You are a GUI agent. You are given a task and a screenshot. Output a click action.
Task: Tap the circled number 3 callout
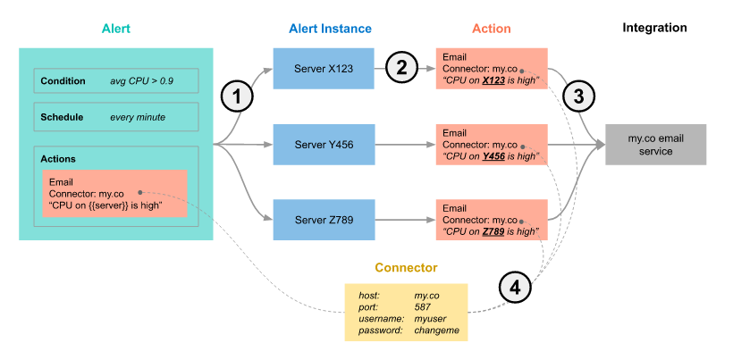578,95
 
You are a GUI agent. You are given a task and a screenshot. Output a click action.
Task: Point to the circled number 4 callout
514,288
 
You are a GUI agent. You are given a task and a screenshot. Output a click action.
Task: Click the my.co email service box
655,144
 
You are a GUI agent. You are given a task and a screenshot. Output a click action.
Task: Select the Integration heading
655,28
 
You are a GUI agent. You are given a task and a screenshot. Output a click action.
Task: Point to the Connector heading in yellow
406,267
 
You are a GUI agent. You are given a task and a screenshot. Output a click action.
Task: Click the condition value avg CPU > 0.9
141,81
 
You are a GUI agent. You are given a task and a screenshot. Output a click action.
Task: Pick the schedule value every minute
138,117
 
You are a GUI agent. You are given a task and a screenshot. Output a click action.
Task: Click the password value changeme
436,330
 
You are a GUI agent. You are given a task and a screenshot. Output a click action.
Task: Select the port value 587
423,306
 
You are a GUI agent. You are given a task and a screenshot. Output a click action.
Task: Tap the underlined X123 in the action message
494,80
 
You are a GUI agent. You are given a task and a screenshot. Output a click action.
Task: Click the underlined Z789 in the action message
494,231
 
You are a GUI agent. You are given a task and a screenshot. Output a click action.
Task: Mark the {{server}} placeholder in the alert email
110,205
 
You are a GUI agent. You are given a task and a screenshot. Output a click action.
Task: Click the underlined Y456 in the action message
494,156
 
